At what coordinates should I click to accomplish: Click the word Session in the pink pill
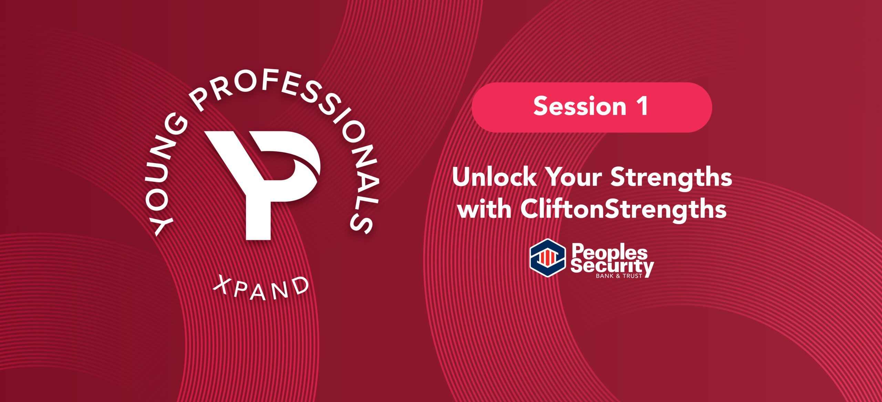[580, 106]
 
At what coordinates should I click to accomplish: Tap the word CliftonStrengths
[624, 209]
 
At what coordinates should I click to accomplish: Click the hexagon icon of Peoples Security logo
[547, 258]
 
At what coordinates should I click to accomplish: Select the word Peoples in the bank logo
[609, 252]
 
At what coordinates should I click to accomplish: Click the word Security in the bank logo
[612, 266]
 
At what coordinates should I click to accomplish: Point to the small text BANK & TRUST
[619, 276]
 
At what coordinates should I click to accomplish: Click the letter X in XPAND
[222, 286]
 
